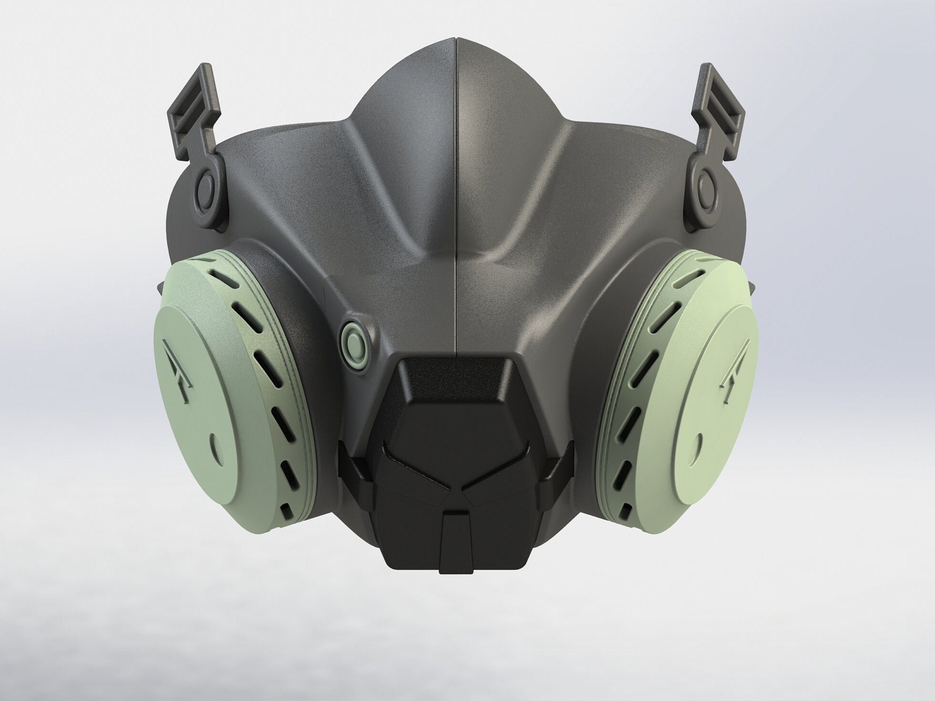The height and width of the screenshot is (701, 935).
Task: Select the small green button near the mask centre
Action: click(355, 342)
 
